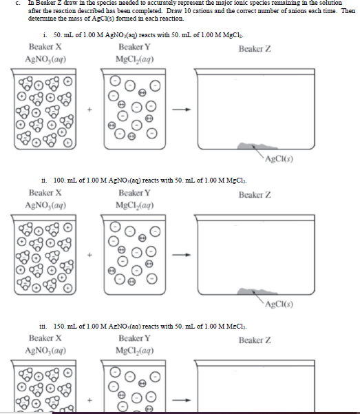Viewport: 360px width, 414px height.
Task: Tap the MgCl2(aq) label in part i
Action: (135, 59)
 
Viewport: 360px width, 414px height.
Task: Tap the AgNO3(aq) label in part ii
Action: (45, 205)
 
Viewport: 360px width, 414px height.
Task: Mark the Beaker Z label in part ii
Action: (255, 195)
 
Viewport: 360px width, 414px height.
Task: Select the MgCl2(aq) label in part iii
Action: (135, 351)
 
